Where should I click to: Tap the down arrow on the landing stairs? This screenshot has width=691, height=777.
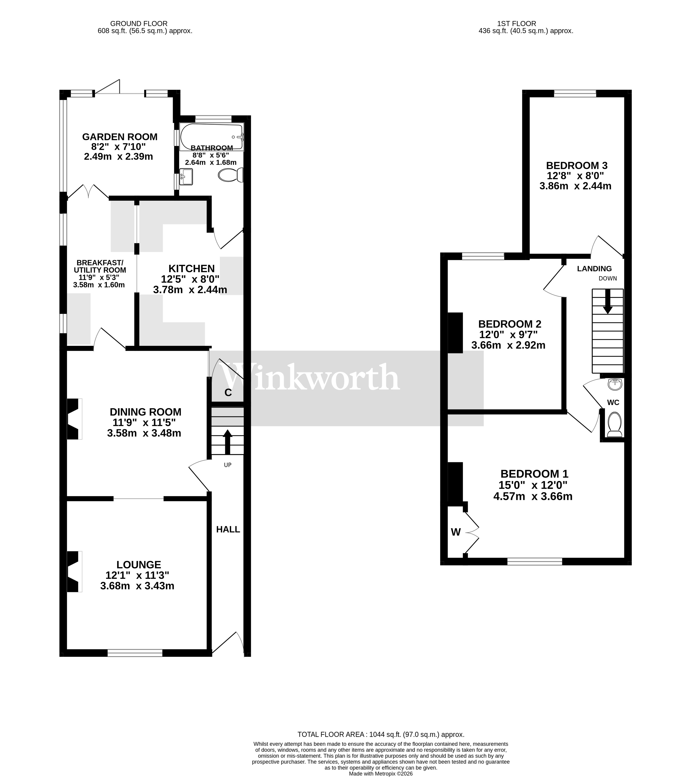click(607, 301)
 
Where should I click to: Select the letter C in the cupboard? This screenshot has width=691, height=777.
click(228, 393)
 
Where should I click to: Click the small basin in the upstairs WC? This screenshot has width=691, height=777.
click(615, 384)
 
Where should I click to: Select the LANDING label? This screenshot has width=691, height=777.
click(594, 269)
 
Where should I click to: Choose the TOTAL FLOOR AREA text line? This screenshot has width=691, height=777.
click(381, 734)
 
